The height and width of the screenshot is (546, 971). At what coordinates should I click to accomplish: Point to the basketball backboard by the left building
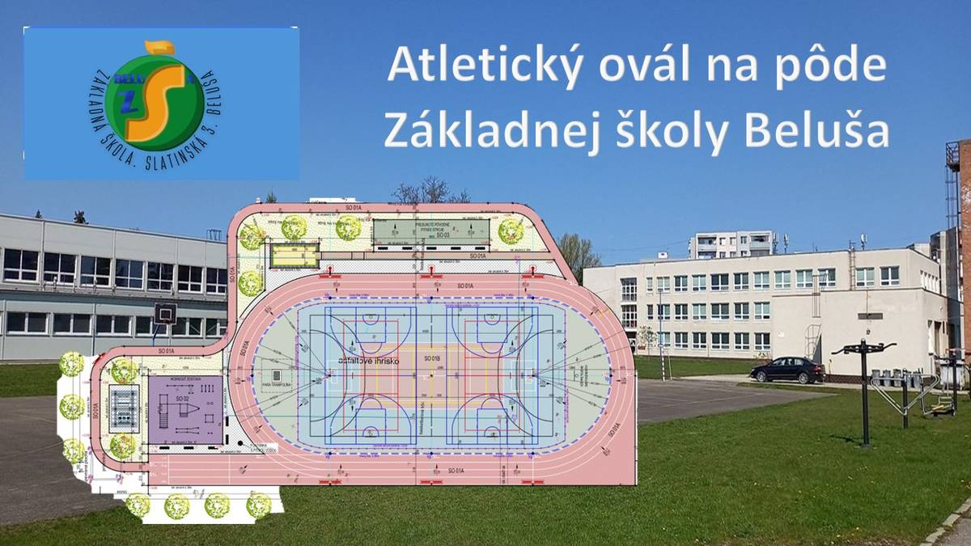click(166, 313)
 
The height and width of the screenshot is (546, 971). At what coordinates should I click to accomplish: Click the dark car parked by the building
click(787, 370)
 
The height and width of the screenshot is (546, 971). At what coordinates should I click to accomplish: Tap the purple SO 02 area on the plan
click(185, 408)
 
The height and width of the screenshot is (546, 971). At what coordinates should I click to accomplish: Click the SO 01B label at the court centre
click(430, 358)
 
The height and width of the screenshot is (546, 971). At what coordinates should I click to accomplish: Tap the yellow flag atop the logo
click(159, 49)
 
